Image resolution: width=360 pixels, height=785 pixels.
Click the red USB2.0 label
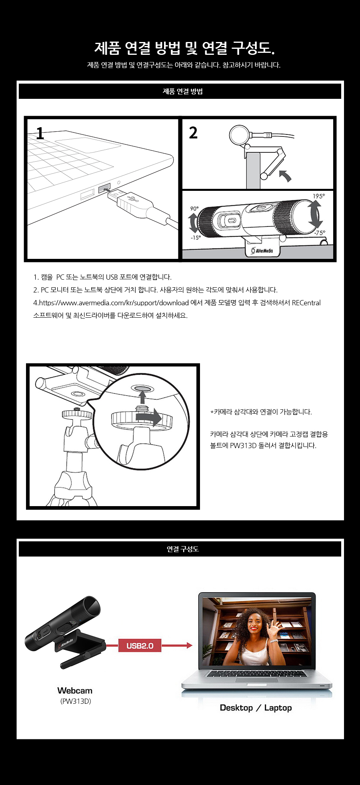140,645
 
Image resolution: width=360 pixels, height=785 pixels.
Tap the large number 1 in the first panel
40,133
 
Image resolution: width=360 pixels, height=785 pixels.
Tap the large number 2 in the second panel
193,132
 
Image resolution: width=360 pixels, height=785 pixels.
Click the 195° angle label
319,196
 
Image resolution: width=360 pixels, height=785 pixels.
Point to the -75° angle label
320,233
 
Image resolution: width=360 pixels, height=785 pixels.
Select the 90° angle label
194,208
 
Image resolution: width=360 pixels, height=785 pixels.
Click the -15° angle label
196,238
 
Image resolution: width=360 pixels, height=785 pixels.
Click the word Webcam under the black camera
75,691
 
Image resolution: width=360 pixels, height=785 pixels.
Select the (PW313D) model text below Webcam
76,701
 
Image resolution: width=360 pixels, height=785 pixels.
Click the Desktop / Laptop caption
256,708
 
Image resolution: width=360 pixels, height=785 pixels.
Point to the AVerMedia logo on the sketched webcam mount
262,250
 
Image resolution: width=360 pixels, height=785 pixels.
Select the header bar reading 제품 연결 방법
180,91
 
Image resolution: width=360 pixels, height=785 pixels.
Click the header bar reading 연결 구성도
180,549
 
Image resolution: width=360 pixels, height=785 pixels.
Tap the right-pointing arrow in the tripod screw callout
148,417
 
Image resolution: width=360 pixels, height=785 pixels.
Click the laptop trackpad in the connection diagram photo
256,680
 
